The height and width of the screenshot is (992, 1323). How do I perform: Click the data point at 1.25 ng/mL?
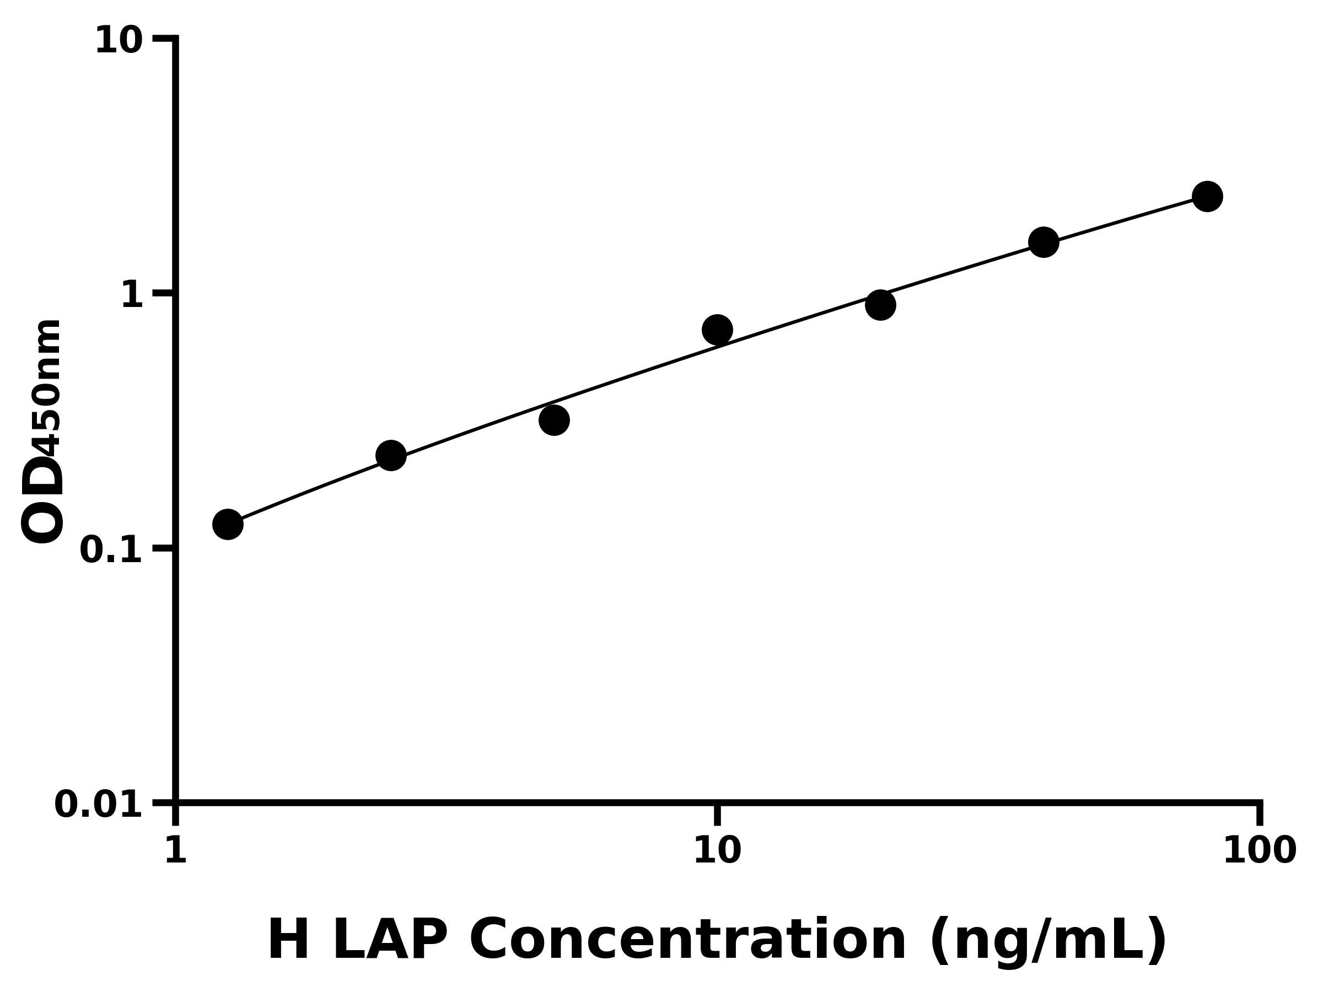(228, 525)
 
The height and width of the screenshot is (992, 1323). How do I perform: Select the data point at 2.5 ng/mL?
(391, 456)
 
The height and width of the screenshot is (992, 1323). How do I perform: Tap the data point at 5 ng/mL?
(554, 420)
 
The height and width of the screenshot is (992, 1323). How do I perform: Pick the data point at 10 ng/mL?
(717, 330)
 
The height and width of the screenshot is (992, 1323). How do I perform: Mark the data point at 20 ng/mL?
(880, 305)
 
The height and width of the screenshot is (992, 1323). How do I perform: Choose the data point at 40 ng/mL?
(1044, 242)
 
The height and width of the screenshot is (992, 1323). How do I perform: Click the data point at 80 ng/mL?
(1207, 196)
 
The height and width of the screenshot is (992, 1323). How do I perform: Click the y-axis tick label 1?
(132, 295)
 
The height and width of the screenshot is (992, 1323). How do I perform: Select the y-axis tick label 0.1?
(111, 550)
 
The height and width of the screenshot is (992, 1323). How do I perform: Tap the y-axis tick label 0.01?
(99, 804)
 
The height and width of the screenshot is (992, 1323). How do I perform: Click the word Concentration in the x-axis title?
(688, 940)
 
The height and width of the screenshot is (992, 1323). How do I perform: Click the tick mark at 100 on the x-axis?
(1260, 815)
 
